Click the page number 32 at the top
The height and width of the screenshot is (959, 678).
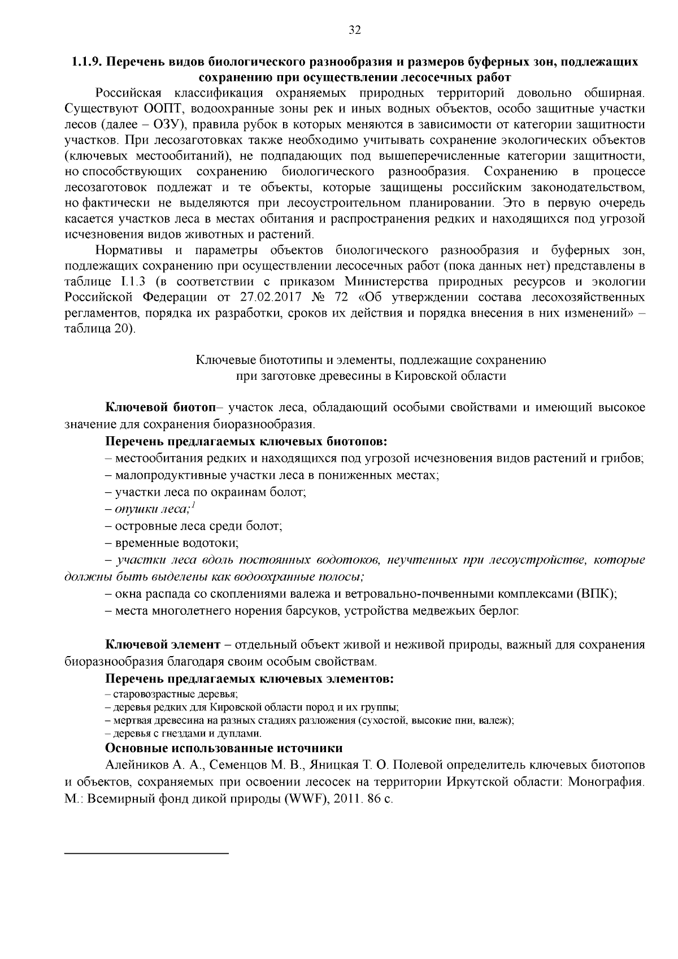(355, 31)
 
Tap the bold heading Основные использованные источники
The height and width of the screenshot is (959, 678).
(224, 748)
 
